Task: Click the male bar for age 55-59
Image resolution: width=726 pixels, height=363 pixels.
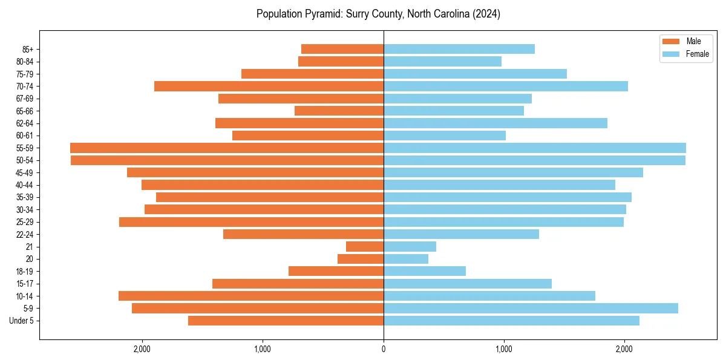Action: pos(227,148)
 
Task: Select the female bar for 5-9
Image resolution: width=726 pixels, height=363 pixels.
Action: pos(531,309)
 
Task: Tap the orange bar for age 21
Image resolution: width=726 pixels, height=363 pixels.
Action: pos(365,247)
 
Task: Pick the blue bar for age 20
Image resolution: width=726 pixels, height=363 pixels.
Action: pos(406,259)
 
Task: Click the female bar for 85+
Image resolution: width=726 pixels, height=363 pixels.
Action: pos(459,49)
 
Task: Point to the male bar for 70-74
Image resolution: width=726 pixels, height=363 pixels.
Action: pos(269,86)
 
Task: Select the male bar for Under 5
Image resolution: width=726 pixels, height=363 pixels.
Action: pos(286,321)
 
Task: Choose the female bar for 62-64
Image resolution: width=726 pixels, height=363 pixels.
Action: pos(495,123)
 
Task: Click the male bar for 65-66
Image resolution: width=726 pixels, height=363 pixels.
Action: pos(339,111)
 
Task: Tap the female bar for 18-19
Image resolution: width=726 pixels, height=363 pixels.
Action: pos(425,271)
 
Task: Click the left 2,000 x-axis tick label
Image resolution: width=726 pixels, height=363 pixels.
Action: pos(142,349)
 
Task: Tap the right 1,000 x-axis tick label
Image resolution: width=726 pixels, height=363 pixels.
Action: pos(504,349)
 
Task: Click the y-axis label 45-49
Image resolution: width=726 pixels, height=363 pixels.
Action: pos(25,172)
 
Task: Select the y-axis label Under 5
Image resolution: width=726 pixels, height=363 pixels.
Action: pos(22,321)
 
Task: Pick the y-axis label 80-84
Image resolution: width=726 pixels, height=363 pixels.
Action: pos(25,62)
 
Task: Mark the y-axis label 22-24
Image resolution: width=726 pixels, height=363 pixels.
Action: pos(25,234)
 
